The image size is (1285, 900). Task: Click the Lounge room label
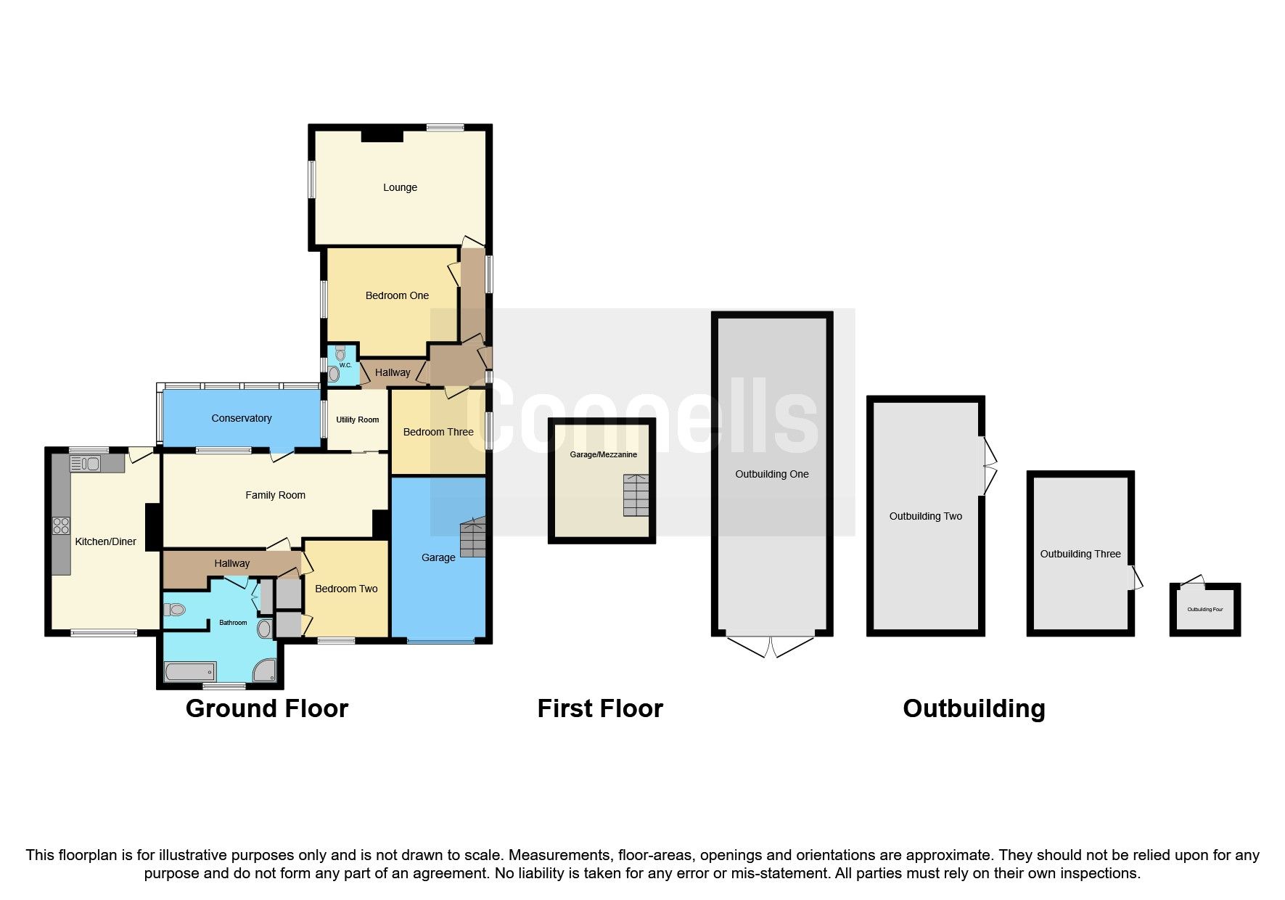tap(400, 187)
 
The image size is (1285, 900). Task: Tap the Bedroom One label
tap(397, 295)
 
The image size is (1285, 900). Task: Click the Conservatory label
tap(242, 418)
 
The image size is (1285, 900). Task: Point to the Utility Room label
tap(357, 420)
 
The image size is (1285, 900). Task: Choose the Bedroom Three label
tap(438, 432)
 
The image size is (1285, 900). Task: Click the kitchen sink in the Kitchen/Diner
tap(86, 462)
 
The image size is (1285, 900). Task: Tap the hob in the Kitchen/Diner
tap(61, 525)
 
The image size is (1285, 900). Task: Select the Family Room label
tap(275, 495)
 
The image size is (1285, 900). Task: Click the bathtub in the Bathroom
tap(190, 671)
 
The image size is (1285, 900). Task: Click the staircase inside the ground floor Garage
tap(472, 536)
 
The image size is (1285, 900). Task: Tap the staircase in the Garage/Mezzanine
tap(636, 496)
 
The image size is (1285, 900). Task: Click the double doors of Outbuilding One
tap(771, 645)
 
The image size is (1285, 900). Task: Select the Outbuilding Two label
tap(926, 516)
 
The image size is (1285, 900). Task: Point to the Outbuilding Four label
tap(1205, 610)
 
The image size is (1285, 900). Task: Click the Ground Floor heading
tap(267, 708)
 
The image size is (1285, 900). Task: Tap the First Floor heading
tap(600, 708)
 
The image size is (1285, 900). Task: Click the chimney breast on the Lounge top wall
tap(382, 135)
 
